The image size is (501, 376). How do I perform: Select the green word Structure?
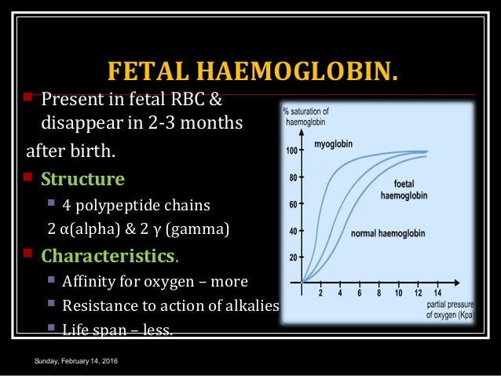click(x=82, y=179)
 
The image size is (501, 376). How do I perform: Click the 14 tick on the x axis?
click(x=437, y=293)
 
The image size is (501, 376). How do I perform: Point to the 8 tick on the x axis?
click(x=378, y=293)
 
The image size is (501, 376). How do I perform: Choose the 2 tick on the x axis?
click(x=320, y=293)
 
